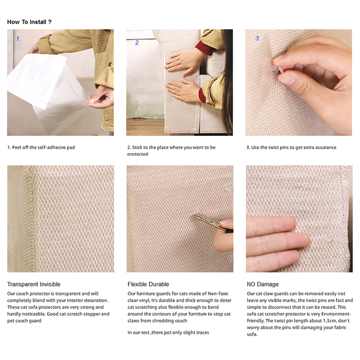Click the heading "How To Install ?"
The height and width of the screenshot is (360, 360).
[x=29, y=22]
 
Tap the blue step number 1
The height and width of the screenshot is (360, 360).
[x=18, y=39]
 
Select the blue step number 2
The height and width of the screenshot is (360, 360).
[x=137, y=43]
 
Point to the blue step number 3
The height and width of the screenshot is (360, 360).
[x=257, y=38]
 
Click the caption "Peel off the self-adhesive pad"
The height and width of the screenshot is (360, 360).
[x=43, y=148]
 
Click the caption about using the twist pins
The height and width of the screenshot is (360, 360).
[x=291, y=148]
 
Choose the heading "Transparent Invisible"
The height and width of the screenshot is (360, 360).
[x=34, y=284]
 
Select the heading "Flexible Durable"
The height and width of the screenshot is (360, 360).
[x=148, y=284]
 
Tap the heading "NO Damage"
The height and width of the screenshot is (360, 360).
[x=263, y=284]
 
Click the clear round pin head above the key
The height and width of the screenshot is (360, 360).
[x=229, y=188]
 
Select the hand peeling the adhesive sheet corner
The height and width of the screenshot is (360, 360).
[x=100, y=97]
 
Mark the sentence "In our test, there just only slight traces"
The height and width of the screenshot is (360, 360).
[x=168, y=333]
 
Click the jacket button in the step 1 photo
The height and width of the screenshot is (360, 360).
[x=110, y=64]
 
